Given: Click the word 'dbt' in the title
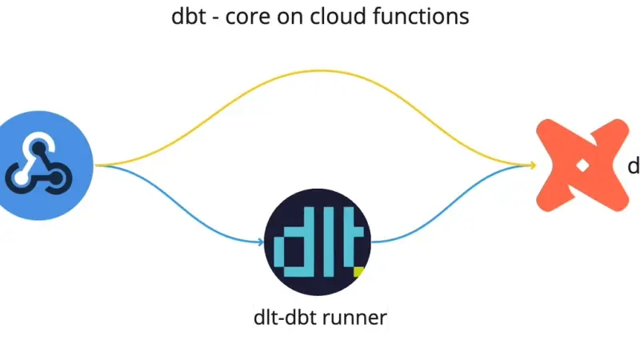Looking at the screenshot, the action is pos(189,16).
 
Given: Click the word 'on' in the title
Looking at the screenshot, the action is pos(290,18).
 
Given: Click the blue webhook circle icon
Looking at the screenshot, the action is pos(42,166).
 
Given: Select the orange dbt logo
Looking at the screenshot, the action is pos(582,166).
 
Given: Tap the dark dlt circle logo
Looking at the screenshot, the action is pos(318,242).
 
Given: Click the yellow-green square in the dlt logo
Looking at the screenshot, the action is pos(358,272).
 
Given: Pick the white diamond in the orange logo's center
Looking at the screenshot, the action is pos(582,166).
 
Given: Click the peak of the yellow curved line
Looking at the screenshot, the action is pos(321,71).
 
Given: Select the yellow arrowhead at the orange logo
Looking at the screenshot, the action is pos(533,165).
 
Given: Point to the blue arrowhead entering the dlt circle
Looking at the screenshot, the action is pos(261,242).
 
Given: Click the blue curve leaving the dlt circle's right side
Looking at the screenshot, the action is pos(450,201).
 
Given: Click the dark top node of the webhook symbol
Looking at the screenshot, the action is pos(38,149).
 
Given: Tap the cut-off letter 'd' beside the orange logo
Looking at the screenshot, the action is pos(634,166).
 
